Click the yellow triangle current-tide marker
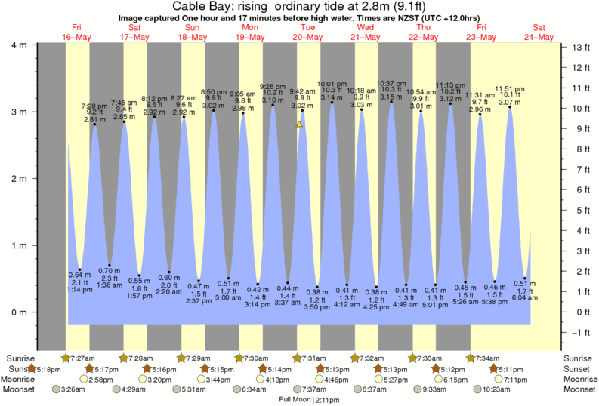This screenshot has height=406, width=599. tap(300, 124)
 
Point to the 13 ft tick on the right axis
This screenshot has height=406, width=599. tap(578, 48)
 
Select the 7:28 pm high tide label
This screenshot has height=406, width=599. tap(94, 106)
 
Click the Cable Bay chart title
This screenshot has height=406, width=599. tap(299, 8)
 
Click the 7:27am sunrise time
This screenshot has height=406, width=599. tap(82, 358)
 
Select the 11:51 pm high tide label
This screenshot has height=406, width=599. tap(510, 88)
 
